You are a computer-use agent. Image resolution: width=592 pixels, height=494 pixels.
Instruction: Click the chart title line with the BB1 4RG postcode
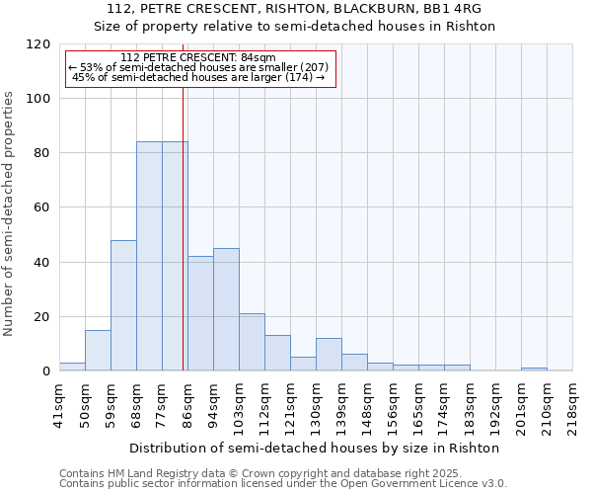tap(295, 9)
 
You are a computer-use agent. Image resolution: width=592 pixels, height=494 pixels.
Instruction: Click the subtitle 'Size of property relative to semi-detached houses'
tap(295, 27)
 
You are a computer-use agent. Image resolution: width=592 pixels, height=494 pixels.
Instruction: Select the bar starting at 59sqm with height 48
tap(123, 305)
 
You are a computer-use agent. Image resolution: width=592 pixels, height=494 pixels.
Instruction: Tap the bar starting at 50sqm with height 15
tap(98, 351)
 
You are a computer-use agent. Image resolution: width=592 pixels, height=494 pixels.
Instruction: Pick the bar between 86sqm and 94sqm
tap(200, 313)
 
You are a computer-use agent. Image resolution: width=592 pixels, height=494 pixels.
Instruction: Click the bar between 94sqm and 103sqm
tap(226, 309)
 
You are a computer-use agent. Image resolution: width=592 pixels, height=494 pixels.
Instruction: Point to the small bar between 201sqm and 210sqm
tap(534, 369)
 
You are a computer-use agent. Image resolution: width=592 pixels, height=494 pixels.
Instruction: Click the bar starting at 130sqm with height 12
tap(329, 355)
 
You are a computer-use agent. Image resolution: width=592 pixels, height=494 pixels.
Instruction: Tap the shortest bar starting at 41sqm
tap(72, 367)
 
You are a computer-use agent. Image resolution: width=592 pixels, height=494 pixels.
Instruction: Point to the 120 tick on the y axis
tap(38, 44)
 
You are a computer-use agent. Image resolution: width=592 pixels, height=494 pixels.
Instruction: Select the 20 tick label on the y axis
tap(42, 317)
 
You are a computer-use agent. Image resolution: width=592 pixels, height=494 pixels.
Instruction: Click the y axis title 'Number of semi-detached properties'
tap(10, 213)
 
